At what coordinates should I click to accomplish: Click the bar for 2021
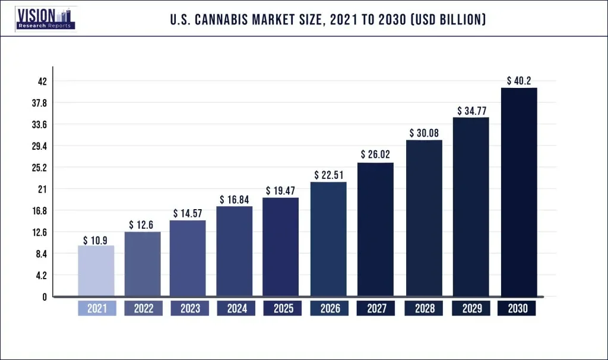(x=96, y=271)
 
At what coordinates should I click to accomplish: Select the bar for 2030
(x=519, y=192)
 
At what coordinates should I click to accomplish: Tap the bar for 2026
(x=328, y=239)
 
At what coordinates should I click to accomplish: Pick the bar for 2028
(x=424, y=218)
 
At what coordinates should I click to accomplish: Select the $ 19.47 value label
(x=280, y=191)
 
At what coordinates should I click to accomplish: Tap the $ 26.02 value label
(x=375, y=154)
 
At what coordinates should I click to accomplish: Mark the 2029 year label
(x=471, y=309)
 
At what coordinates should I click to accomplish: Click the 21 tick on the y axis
(x=42, y=189)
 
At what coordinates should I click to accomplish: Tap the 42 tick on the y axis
(x=42, y=81)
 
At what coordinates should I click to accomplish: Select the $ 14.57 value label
(x=188, y=213)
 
